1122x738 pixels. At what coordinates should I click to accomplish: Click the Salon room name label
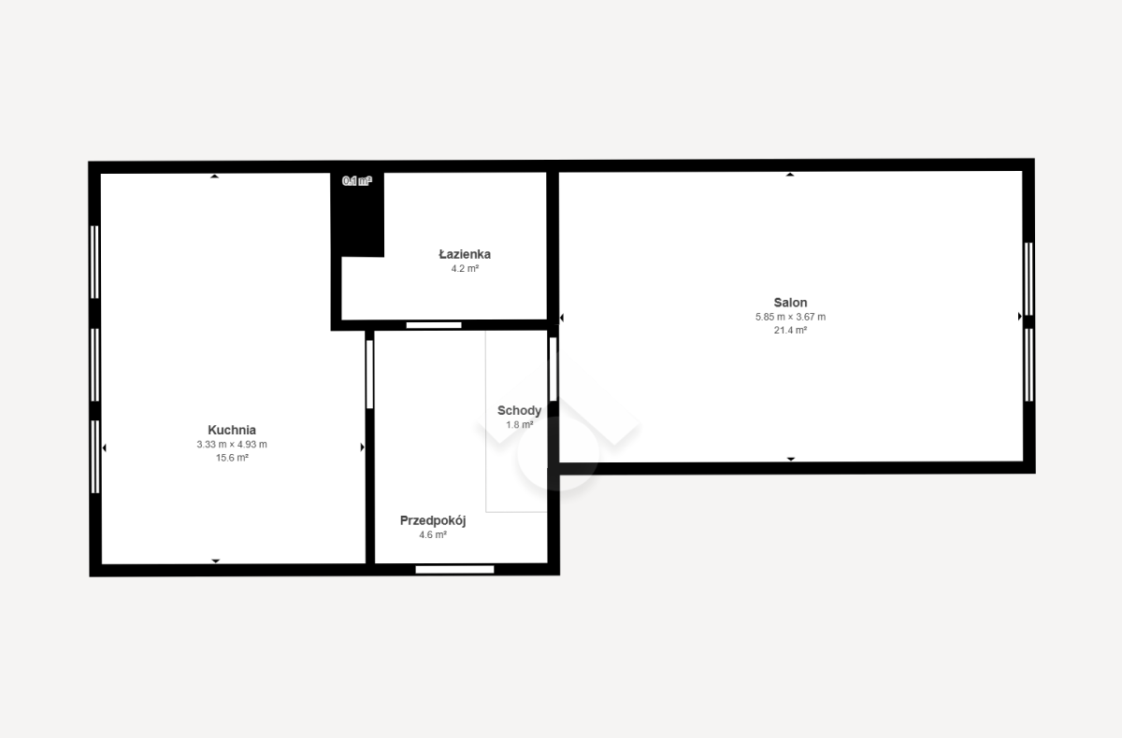point(790,303)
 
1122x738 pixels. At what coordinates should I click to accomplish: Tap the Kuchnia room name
point(232,430)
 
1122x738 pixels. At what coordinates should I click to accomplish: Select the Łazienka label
point(465,254)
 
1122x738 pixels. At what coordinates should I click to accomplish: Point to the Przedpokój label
point(433,521)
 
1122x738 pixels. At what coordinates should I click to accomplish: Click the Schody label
point(519,411)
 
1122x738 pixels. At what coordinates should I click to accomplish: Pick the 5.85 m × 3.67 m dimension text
point(790,317)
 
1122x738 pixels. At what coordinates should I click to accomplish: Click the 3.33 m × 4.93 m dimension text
point(232,445)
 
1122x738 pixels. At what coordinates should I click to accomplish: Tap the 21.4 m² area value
point(790,330)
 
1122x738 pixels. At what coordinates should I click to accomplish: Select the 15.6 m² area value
point(232,458)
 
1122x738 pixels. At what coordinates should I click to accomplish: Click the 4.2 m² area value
point(465,269)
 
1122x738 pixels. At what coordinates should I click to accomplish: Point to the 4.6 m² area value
point(433,535)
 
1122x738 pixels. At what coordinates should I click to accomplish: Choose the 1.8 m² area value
point(520,425)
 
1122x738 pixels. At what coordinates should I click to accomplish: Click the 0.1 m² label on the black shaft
point(356,181)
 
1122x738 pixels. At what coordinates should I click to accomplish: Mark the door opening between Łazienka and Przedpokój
point(434,325)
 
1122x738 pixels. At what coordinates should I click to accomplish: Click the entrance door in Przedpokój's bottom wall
point(454,570)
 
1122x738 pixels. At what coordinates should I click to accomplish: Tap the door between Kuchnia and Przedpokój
point(369,375)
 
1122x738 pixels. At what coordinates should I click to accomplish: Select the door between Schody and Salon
point(553,369)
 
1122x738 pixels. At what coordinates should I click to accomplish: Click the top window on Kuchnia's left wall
point(94,263)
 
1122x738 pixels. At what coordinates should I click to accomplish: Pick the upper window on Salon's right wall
point(1028,278)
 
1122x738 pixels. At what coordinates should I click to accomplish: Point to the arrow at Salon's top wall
point(790,175)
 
